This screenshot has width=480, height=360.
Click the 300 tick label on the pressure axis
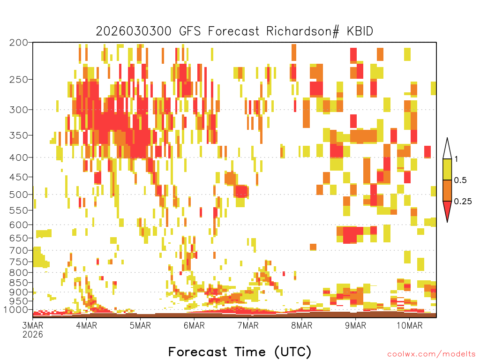19,110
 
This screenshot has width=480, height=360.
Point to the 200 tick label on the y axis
19,43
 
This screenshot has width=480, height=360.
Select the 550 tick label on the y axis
19,210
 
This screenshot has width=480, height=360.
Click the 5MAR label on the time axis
140,325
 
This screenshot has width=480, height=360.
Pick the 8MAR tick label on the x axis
301,325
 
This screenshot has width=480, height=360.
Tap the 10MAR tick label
409,325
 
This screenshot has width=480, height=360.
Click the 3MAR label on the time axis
33,325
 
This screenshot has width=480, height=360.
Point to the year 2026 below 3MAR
33,334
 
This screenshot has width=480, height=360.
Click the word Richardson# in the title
303,31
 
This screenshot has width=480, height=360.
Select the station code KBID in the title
360,31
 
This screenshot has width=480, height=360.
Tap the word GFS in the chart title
190,31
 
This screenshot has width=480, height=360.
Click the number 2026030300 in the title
134,31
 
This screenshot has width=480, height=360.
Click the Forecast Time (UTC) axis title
240,352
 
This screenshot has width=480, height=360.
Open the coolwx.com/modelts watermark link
432,354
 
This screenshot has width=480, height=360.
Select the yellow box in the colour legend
447,169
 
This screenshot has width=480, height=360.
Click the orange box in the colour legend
447,190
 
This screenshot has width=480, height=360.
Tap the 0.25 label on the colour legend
463,201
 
